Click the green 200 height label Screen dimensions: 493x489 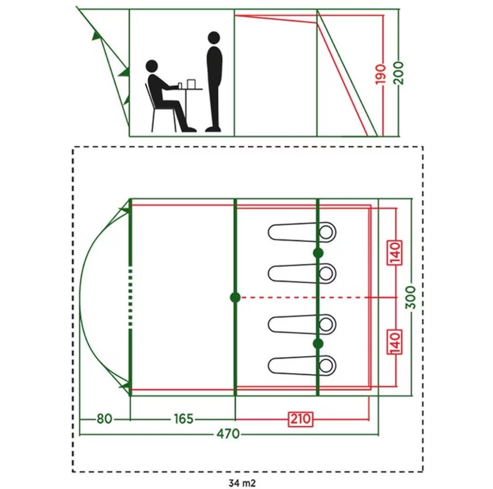(399, 73)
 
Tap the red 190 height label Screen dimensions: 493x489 (381, 74)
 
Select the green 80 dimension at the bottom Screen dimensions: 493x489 (104, 419)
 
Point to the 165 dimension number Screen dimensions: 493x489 (184, 419)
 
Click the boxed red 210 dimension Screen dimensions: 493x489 (301, 419)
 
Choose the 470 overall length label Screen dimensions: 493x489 (228, 434)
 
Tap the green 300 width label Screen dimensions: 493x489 (411, 297)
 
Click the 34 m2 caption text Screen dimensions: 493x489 (242, 483)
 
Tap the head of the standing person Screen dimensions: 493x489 (214, 37)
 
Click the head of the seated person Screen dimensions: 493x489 (152, 66)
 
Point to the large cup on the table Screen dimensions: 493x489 (191, 84)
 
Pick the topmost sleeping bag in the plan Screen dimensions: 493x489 (302, 232)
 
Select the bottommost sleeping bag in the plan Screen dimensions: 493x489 (302, 365)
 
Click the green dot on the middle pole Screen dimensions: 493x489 (235, 297)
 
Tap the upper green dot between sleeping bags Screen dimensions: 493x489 (318, 253)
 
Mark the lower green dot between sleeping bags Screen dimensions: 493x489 (318, 344)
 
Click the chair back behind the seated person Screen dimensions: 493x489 (148, 95)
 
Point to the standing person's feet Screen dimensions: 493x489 (213, 129)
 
